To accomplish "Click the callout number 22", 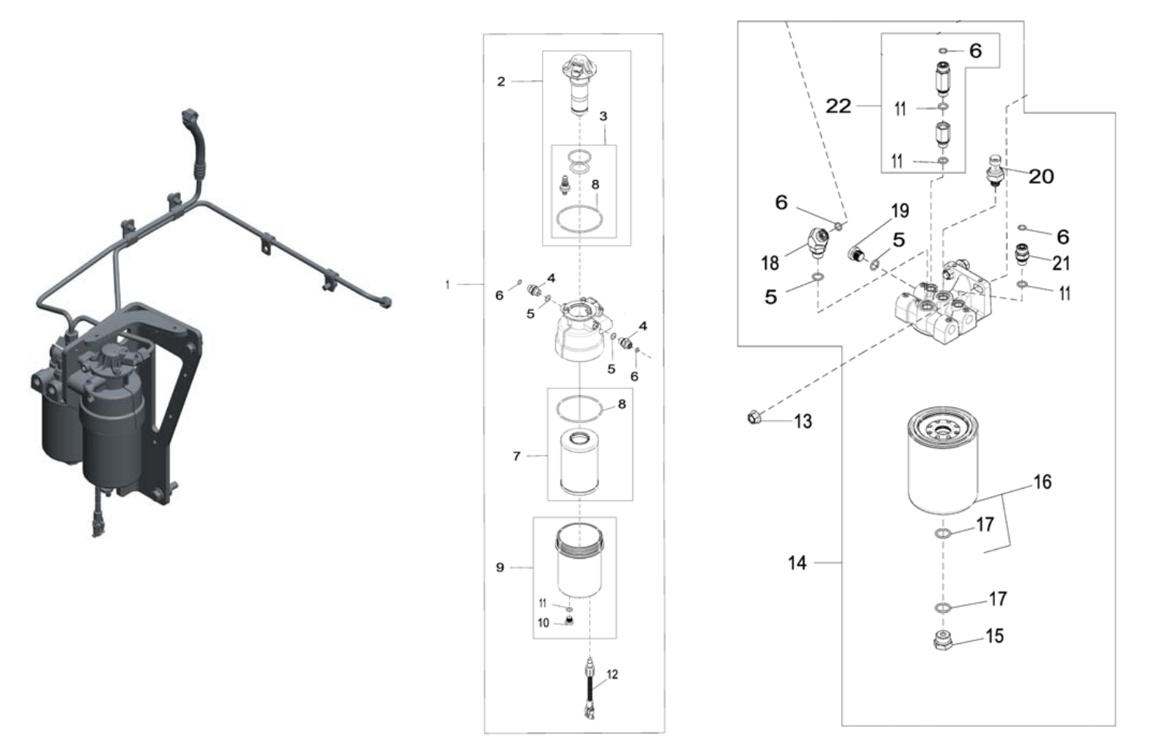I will [x=838, y=106].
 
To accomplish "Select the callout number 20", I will [x=1040, y=176].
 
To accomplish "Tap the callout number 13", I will [x=803, y=421].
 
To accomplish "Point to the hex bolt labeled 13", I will [x=753, y=418].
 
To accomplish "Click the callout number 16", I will [x=1042, y=482].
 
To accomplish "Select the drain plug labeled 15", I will [x=942, y=640].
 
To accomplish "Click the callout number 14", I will [x=797, y=563].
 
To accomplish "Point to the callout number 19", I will [x=900, y=210].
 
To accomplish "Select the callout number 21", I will [x=1061, y=263].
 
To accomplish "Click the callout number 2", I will [x=501, y=81].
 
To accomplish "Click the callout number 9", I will [x=499, y=568].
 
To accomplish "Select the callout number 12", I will [x=612, y=675].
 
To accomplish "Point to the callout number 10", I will [x=543, y=623].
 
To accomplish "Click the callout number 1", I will [x=447, y=285].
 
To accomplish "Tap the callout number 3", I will [x=603, y=117].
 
